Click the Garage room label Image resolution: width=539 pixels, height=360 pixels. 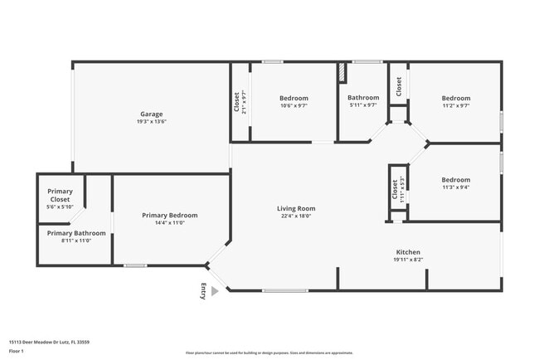(x=151, y=114)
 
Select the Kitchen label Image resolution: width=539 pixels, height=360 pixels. (x=408, y=252)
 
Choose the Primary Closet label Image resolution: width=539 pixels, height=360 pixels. (x=60, y=196)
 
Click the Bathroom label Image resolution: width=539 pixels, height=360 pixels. (x=363, y=97)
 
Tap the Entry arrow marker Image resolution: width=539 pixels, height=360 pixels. (x=215, y=291)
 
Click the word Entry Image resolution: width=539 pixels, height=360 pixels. (x=204, y=290)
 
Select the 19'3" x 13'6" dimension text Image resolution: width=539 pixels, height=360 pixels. (x=151, y=122)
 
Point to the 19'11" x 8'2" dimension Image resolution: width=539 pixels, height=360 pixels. (x=408, y=260)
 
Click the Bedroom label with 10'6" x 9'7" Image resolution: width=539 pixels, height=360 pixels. (x=294, y=98)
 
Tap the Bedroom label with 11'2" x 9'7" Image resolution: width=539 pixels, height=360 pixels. (x=455, y=98)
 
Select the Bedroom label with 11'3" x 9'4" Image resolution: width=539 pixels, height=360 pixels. (x=455, y=180)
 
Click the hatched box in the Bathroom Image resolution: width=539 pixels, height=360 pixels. (x=341, y=72)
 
